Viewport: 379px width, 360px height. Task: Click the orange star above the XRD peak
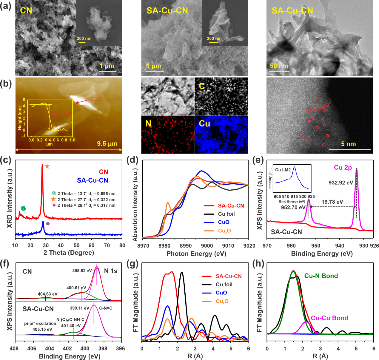click(x=47, y=166)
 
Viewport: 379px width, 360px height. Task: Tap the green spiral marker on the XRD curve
click(x=23, y=208)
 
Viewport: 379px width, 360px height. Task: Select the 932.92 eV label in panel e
click(x=341, y=183)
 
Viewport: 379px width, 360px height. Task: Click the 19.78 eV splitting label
click(x=332, y=202)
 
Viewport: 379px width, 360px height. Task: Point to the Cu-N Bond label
click(x=321, y=276)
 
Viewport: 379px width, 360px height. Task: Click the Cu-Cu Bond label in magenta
click(x=329, y=318)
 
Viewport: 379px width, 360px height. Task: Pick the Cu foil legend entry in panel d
click(x=226, y=214)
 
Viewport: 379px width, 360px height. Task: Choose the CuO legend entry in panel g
click(x=221, y=293)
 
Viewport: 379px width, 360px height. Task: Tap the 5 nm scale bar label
click(x=348, y=144)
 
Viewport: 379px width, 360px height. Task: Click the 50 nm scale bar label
click(x=279, y=66)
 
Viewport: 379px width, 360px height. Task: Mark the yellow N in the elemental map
click(x=148, y=123)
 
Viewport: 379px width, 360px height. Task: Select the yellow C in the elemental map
click(x=202, y=86)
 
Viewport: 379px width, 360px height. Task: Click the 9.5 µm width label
click(x=107, y=144)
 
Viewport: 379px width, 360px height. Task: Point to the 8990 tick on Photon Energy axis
click(x=186, y=246)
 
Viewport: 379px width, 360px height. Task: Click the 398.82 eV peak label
click(x=82, y=271)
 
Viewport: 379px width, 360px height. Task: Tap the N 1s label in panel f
click(x=111, y=271)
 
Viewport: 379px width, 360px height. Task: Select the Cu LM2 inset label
click(x=283, y=170)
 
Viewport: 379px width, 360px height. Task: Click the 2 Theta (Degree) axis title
click(x=69, y=253)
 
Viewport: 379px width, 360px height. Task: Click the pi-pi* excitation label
click(x=40, y=323)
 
